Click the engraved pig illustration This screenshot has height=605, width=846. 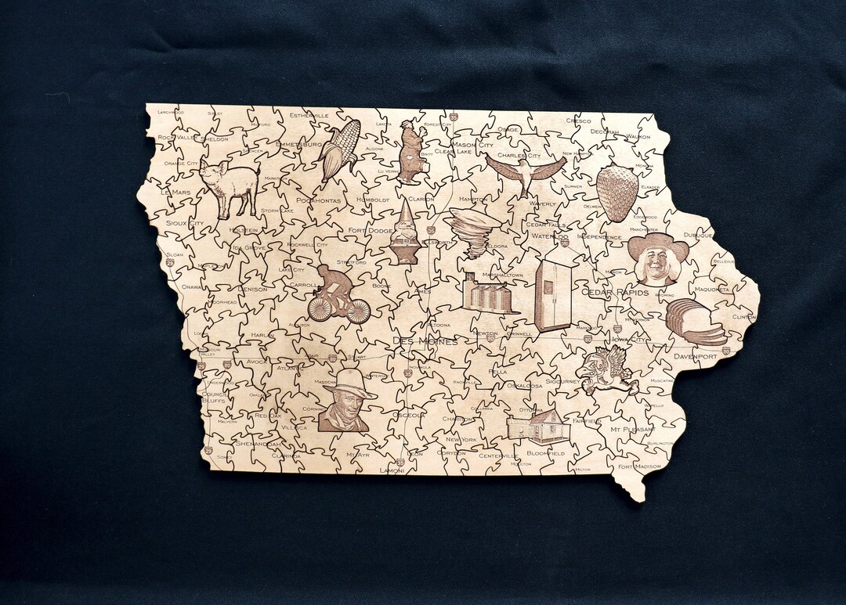tap(229, 187)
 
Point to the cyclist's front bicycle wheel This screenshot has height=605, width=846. tap(358, 311)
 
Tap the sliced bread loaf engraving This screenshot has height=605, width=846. tap(694, 322)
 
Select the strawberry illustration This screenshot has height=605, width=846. tap(617, 193)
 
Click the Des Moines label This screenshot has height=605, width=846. tap(425, 342)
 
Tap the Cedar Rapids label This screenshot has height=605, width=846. tap(615, 293)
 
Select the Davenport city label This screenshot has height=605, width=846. tap(695, 357)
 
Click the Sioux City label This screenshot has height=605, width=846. tap(185, 223)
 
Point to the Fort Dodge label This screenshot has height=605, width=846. tap(371, 231)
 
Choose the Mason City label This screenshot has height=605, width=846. tap(472, 145)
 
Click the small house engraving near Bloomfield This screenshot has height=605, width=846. tap(537, 427)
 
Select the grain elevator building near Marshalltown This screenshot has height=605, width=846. tap(488, 293)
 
